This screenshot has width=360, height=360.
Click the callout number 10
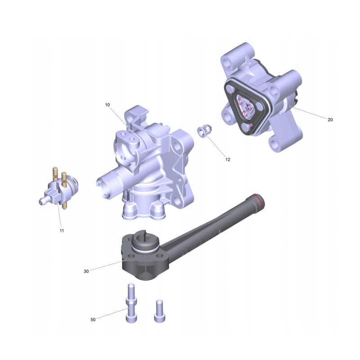(108, 105)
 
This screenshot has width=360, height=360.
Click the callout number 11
(62, 231)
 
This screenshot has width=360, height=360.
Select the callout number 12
(228, 160)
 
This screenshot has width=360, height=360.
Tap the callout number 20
(330, 120)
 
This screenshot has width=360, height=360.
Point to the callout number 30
(86, 271)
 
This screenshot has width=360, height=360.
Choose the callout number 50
(93, 319)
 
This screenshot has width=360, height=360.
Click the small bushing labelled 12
(204, 131)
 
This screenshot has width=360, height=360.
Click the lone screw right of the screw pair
(160, 311)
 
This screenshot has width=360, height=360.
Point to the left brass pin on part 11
(55, 175)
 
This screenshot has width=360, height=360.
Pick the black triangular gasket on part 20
(247, 107)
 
